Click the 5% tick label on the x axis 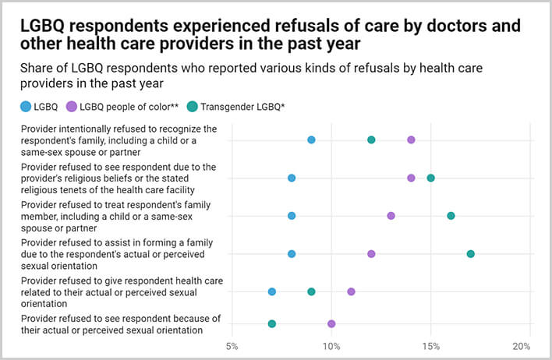coord(232,345)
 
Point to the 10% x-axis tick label coord(331,345)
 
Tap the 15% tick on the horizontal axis coord(430,345)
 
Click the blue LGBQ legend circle coord(27,106)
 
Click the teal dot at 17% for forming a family coord(470,253)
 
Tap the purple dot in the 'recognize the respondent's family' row coord(411,139)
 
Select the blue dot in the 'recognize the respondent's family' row coord(311,139)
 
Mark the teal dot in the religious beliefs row coord(430,178)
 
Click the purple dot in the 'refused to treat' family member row coord(391,216)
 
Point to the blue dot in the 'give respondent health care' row coord(271,291)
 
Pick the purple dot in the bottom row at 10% coord(331,323)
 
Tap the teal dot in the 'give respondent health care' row coord(311,291)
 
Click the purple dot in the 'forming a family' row coord(371,253)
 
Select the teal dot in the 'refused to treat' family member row coord(451,216)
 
